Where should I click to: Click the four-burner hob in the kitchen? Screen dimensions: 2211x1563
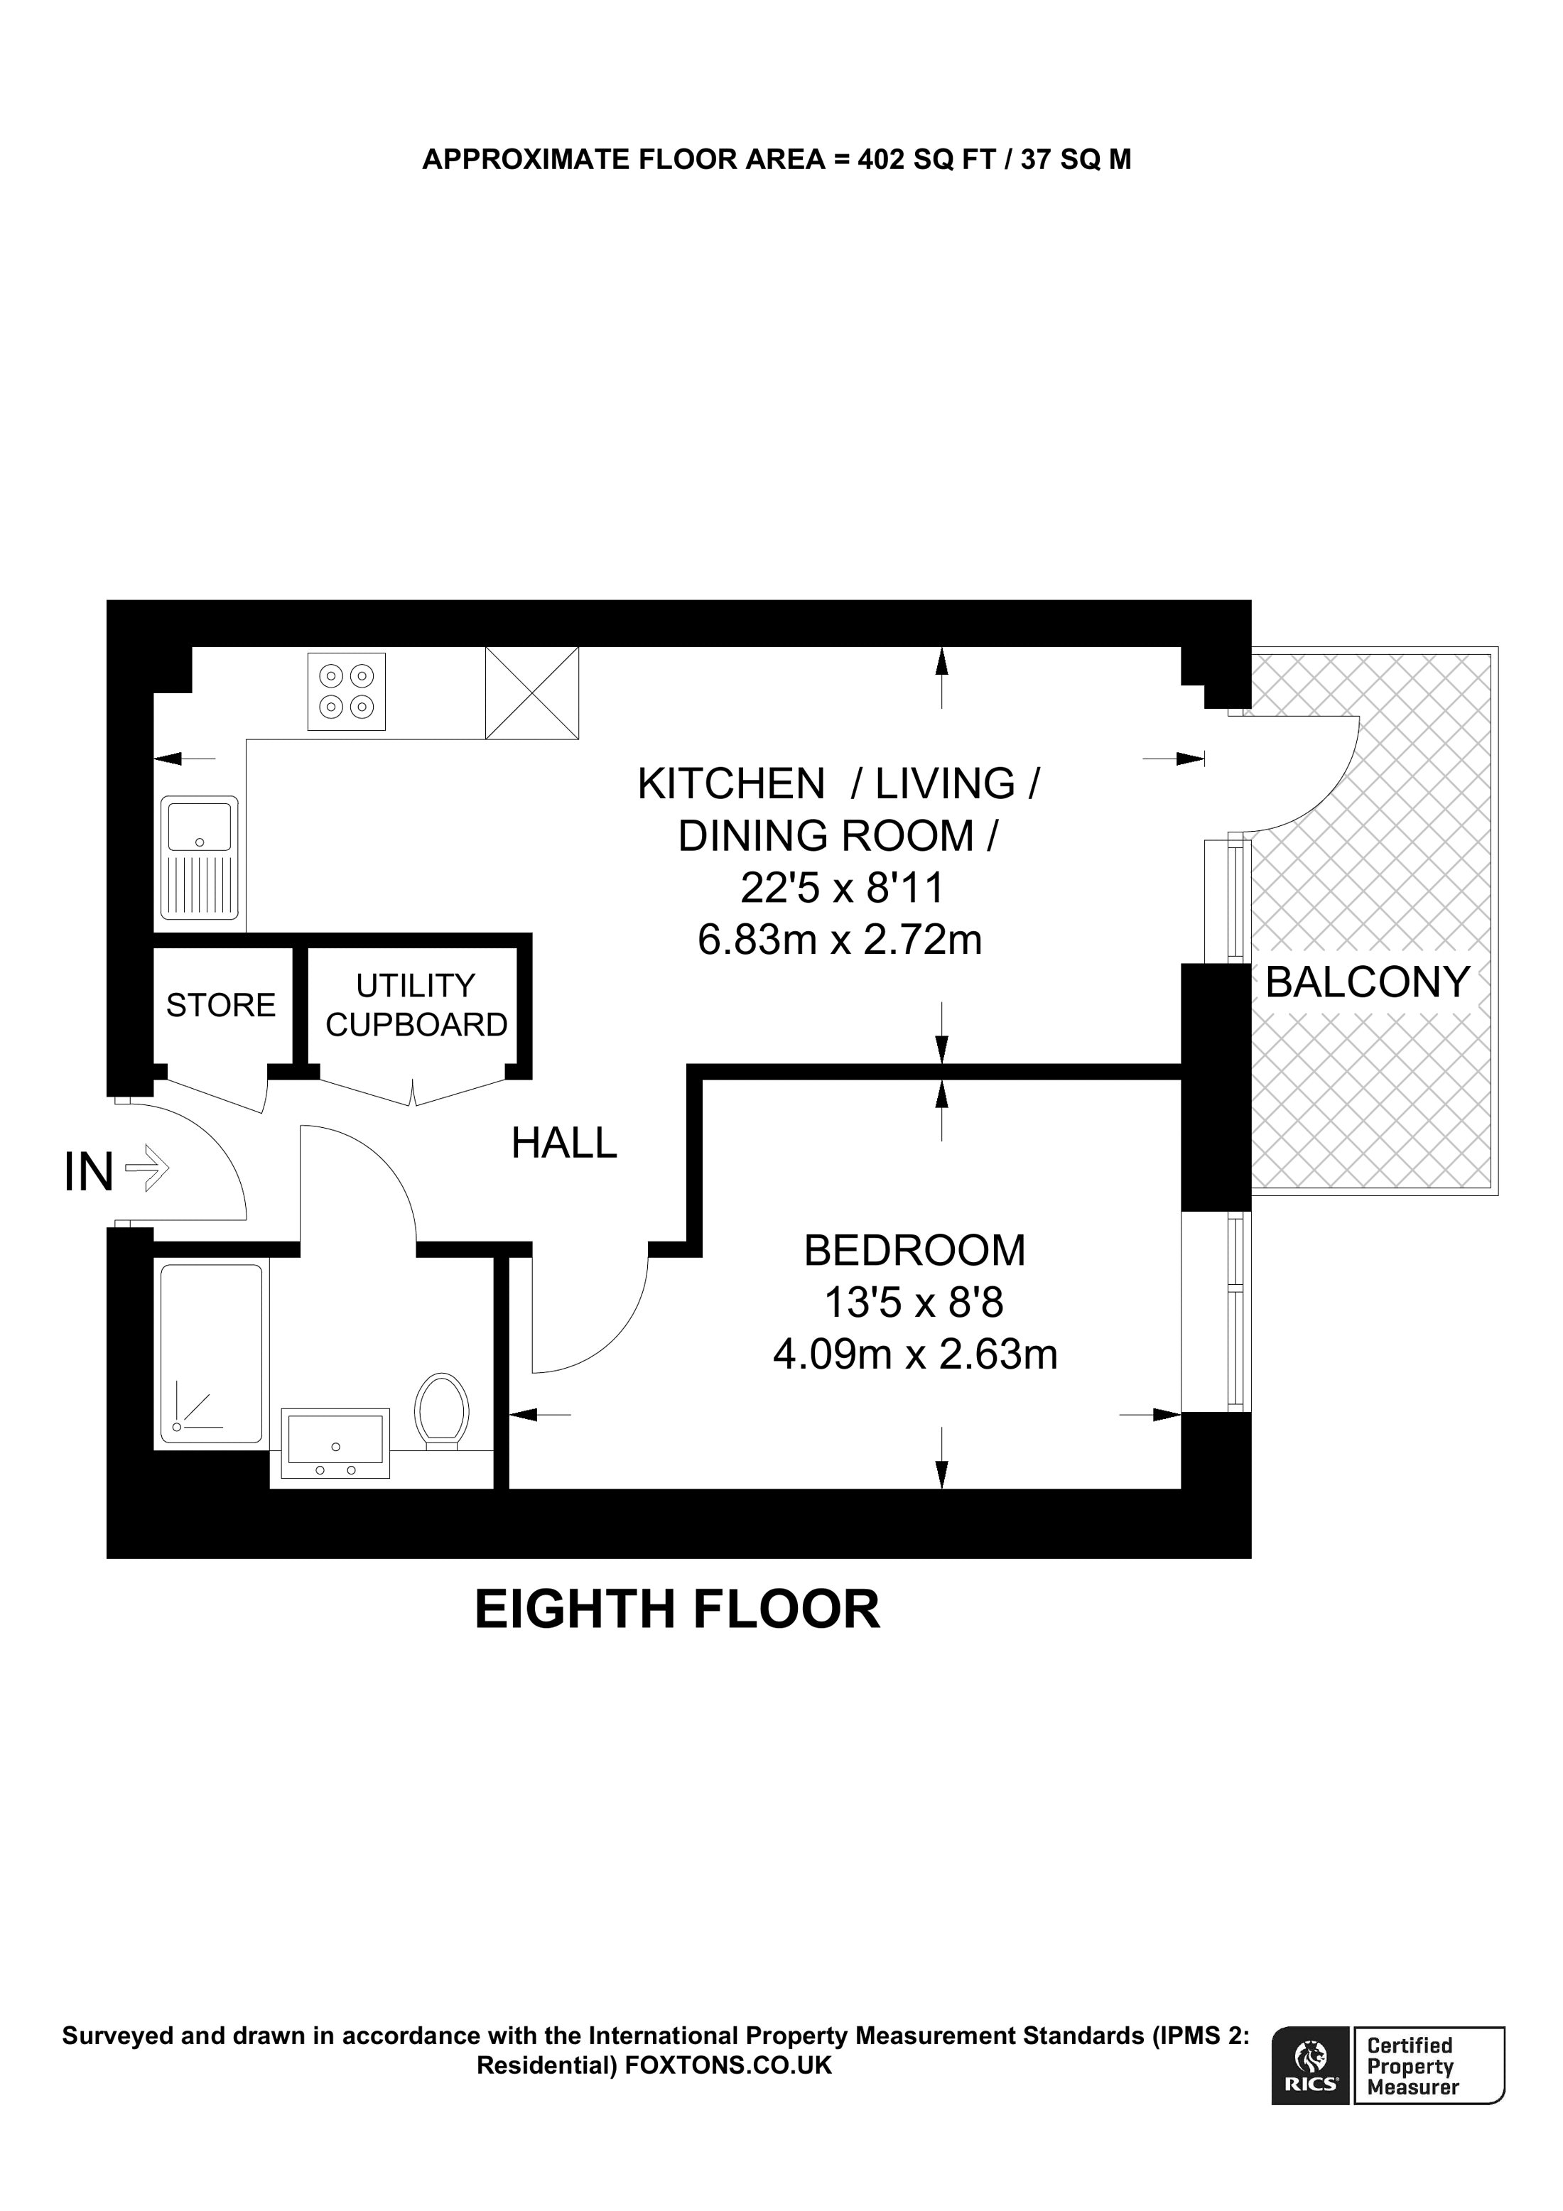[x=347, y=691]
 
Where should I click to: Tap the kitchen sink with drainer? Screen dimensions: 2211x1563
[x=200, y=857]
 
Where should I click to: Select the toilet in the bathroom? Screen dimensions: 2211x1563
[x=442, y=1412]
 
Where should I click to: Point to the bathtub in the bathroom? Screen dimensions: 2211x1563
[x=211, y=1353]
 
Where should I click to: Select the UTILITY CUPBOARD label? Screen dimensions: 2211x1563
[x=416, y=1005]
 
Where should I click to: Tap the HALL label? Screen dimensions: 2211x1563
[x=563, y=1144]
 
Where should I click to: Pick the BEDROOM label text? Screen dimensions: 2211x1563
[x=914, y=1251]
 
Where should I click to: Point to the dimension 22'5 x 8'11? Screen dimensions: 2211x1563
[x=840, y=888]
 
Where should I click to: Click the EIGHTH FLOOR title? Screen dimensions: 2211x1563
[x=677, y=1609]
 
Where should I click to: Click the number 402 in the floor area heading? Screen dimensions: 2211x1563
[x=881, y=160]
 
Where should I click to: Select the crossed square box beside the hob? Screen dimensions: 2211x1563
[x=531, y=693]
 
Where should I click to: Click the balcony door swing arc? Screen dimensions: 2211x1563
[x=1334, y=790]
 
